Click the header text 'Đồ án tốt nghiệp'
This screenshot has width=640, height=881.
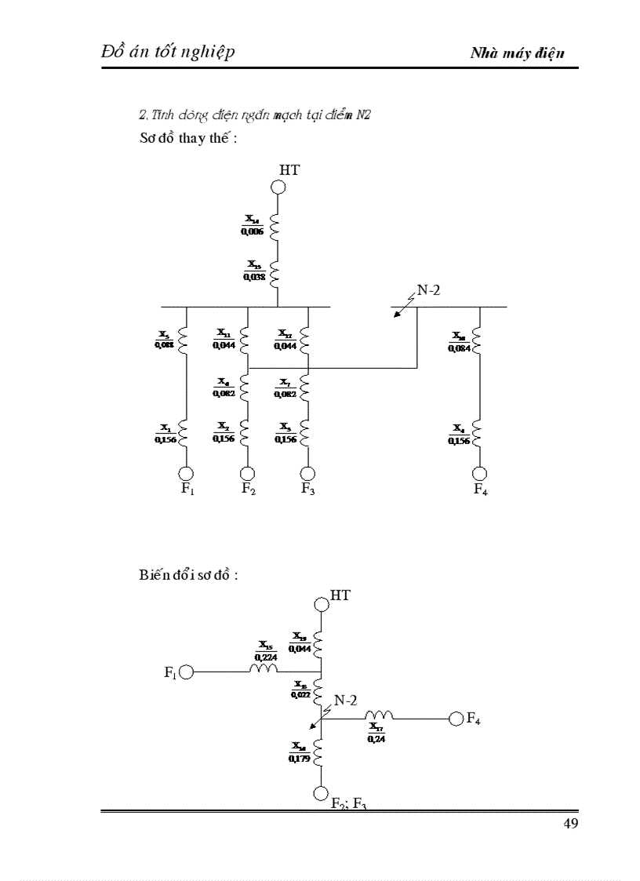click(x=168, y=52)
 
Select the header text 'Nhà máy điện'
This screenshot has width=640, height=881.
click(x=518, y=53)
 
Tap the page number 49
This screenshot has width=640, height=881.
click(x=570, y=823)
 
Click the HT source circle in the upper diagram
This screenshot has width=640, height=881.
click(x=278, y=187)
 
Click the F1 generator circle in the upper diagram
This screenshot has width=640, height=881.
click(x=186, y=473)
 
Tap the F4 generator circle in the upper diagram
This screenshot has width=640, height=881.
click(x=479, y=473)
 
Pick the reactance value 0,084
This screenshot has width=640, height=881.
click(x=459, y=348)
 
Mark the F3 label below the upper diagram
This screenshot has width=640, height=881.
click(x=309, y=490)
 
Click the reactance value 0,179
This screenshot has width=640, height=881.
click(x=299, y=758)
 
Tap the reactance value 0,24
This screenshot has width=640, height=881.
click(x=377, y=739)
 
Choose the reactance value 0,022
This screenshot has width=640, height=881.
click(x=299, y=694)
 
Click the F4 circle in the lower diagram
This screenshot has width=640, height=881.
click(x=456, y=718)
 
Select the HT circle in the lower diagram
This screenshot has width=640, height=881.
click(x=320, y=604)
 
